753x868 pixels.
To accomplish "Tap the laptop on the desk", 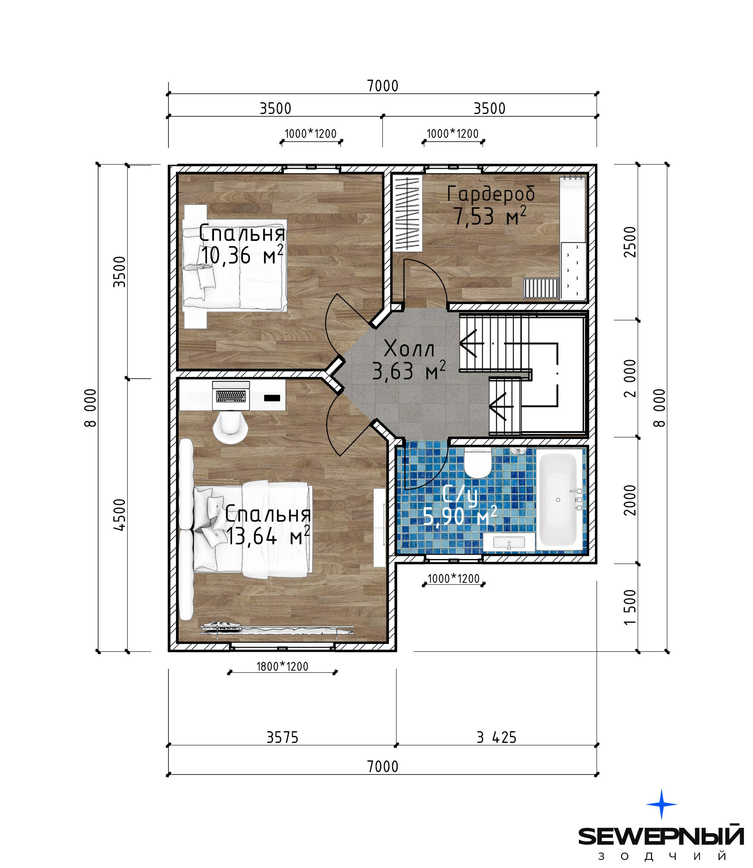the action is coord(231,396).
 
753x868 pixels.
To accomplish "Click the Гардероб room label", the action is coord(491,194).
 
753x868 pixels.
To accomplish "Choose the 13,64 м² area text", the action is coord(268,536).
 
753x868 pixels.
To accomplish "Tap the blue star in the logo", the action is coord(661,804).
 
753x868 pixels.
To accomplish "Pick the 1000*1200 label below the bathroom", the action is coord(453,579).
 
